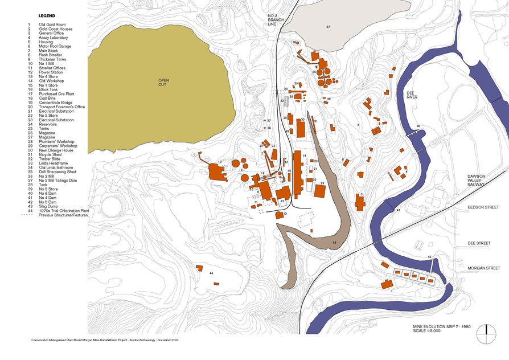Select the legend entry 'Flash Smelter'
tap(50, 54)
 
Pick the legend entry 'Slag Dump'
tap(48, 207)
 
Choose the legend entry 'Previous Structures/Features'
tap(63, 215)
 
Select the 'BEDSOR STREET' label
tap(479, 207)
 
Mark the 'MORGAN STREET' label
tap(479, 268)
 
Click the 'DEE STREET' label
tap(479, 243)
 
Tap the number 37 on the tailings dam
tap(328, 27)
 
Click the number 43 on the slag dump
tap(334, 244)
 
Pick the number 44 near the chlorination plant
tap(211, 274)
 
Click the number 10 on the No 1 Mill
tap(219, 163)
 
